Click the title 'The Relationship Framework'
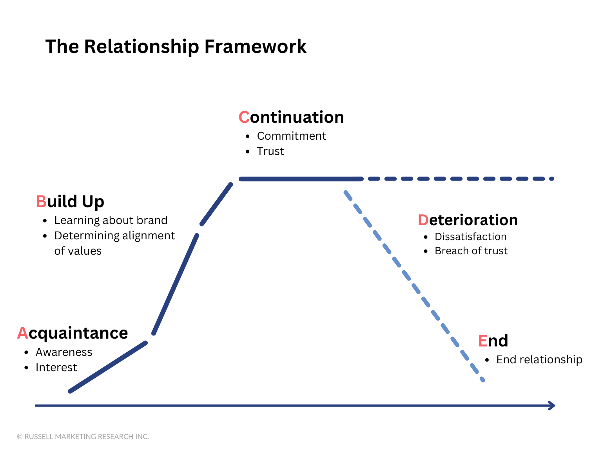coord(176,47)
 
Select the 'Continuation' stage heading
coord(291,117)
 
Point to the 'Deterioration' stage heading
coord(468,220)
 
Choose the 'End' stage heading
coord(493,341)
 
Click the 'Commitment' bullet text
coord(291,136)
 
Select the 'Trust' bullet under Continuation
coord(270,151)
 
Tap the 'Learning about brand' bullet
coord(111,220)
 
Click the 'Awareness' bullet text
coord(64,352)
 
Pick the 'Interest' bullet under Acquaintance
coord(56,368)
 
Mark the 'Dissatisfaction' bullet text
coord(471,237)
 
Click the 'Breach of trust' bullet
coord(471,251)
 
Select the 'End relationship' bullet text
coord(539,360)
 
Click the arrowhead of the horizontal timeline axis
coord(552,406)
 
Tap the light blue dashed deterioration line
coord(413,285)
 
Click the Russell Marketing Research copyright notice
coord(83,437)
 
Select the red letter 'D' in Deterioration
coord(423,220)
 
